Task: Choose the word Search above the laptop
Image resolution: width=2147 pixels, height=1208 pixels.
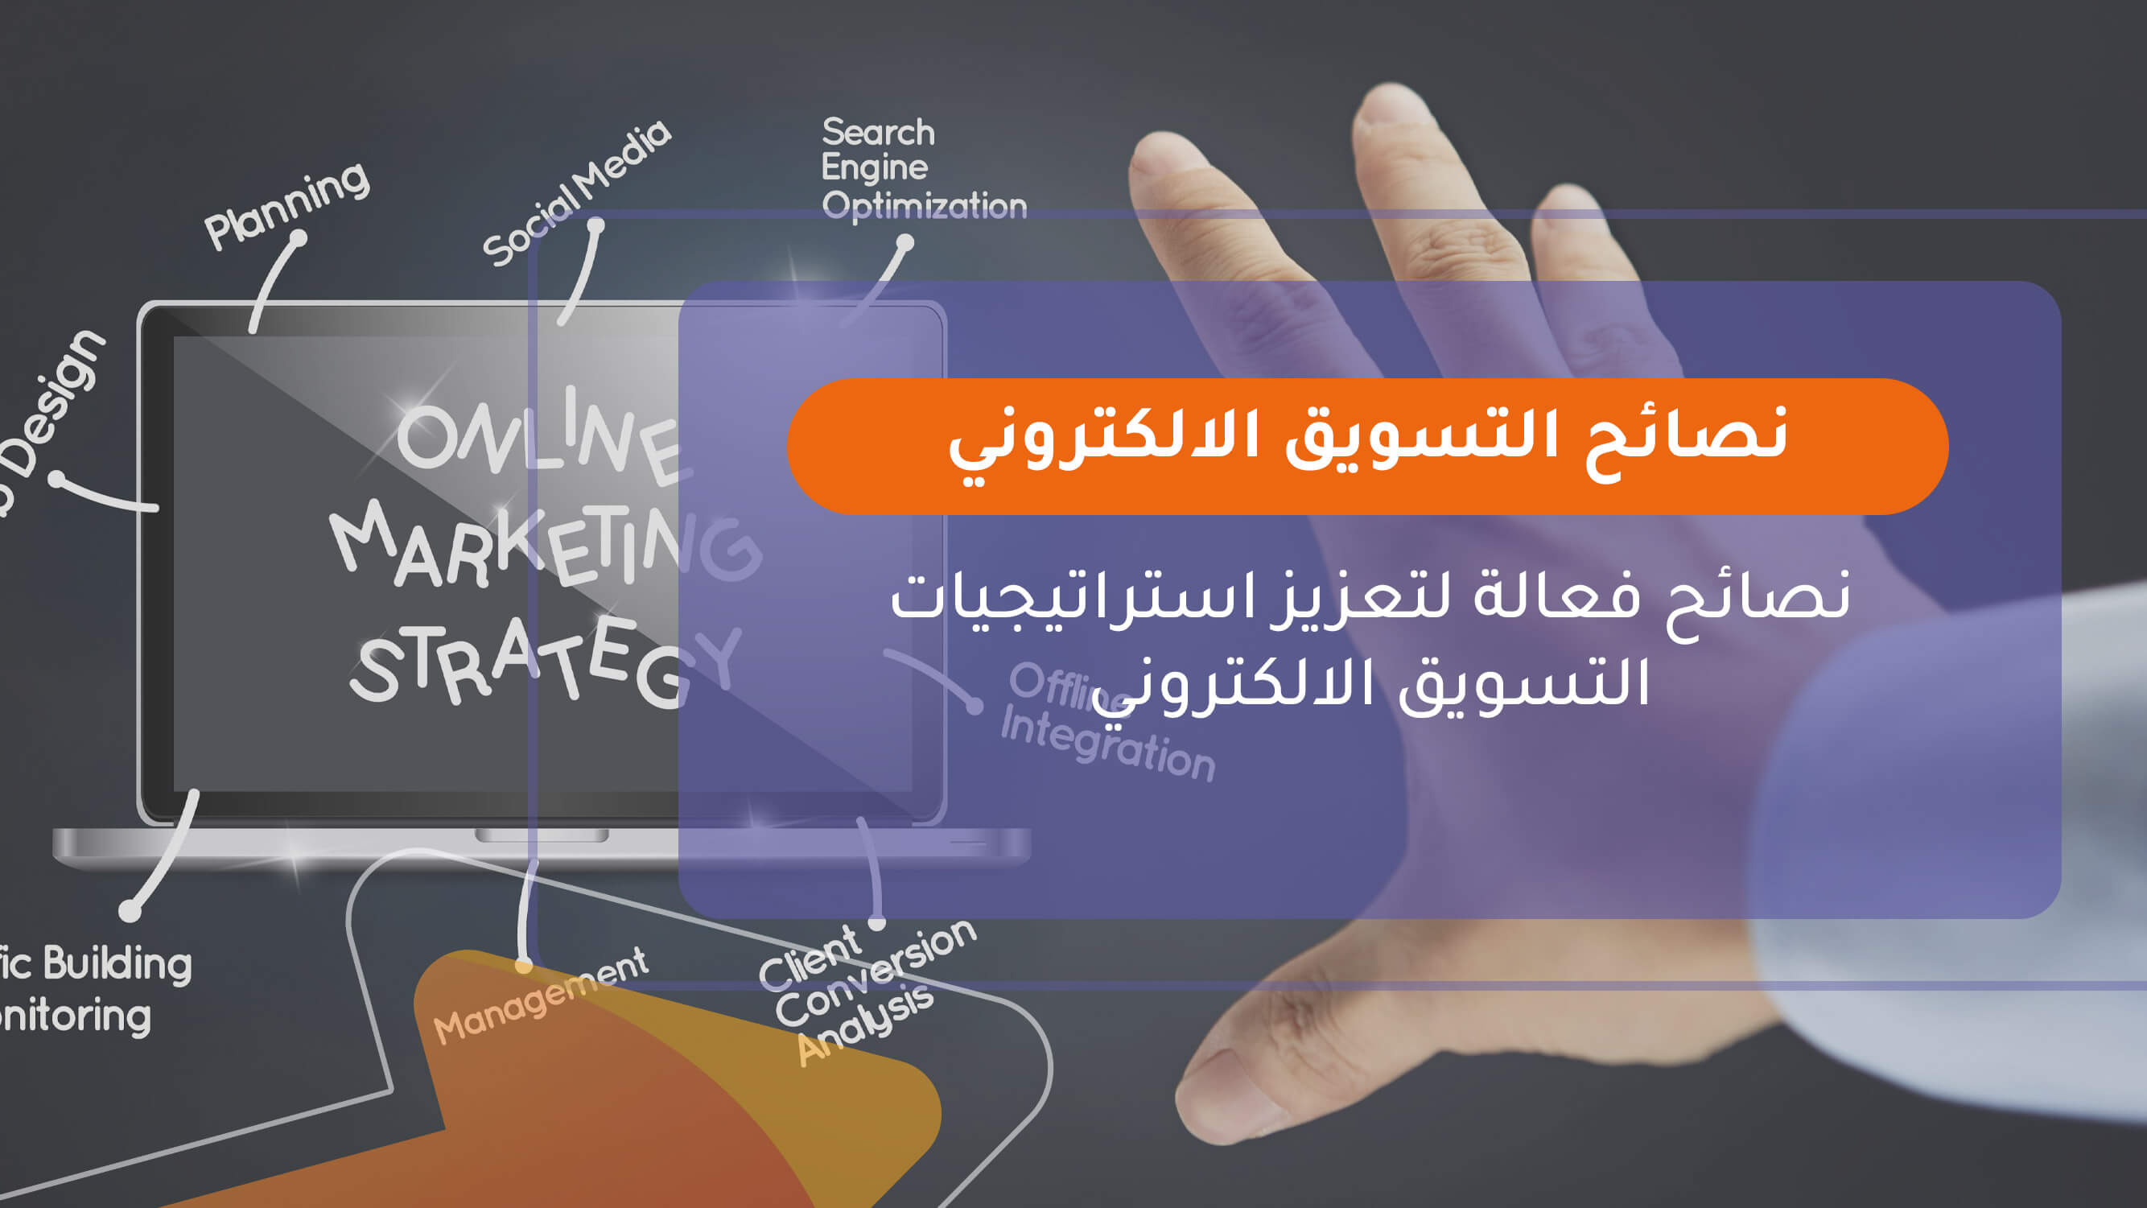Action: (x=878, y=132)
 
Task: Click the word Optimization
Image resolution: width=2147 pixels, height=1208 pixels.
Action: (x=924, y=205)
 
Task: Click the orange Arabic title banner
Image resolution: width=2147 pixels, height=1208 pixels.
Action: (x=1367, y=446)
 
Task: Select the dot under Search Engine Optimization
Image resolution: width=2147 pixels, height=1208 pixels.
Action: (x=905, y=243)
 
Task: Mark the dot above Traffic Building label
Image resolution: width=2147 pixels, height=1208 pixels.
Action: (x=130, y=910)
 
